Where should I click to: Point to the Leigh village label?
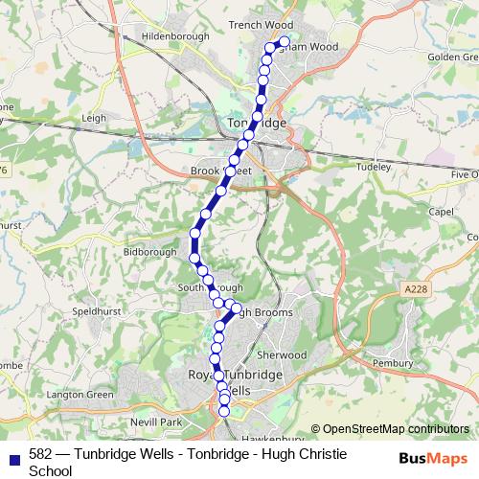click(x=94, y=118)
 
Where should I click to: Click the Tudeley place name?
click(x=375, y=167)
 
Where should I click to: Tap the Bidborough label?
click(x=151, y=252)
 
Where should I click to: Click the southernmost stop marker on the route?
click(x=224, y=412)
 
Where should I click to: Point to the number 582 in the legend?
click(x=41, y=454)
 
